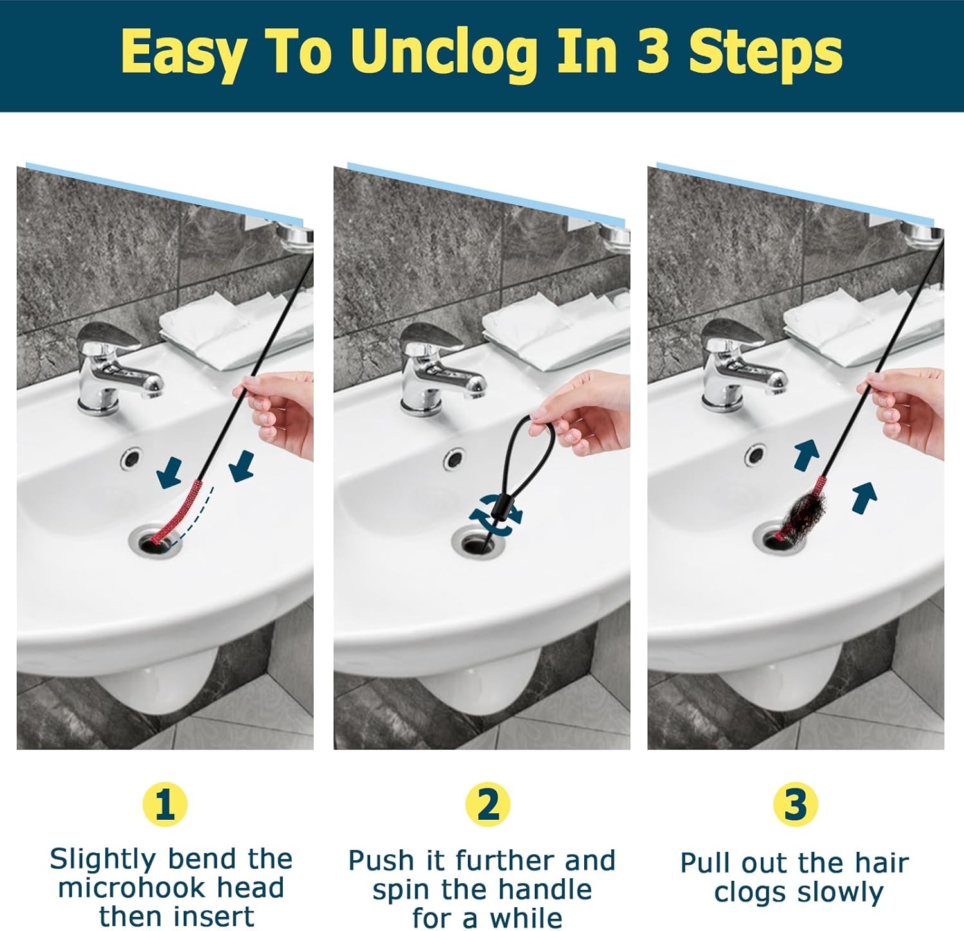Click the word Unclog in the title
[x=444, y=55]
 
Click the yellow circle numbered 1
[x=165, y=804]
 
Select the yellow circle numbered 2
[x=488, y=804]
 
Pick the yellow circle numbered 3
[x=796, y=804]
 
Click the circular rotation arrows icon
[x=495, y=512]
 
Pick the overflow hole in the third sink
[x=756, y=456]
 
